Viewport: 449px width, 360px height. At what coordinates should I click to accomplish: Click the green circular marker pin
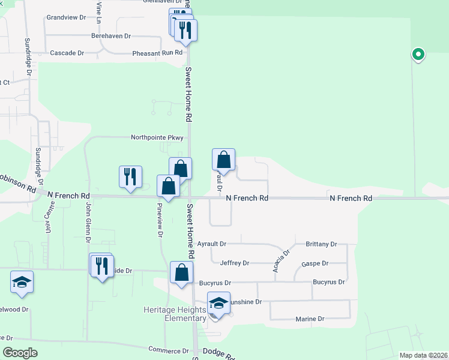[418, 55]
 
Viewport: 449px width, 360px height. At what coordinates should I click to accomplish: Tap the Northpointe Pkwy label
[157, 137]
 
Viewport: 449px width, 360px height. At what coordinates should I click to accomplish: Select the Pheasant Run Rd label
[157, 53]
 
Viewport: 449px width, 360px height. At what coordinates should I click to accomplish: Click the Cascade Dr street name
[67, 53]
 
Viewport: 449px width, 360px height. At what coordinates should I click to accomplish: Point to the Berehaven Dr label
[110, 36]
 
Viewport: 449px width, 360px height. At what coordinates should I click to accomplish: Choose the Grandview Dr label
[66, 17]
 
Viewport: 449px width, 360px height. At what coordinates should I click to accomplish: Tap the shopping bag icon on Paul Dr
[223, 160]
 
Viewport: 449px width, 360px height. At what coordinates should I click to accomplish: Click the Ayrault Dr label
[211, 244]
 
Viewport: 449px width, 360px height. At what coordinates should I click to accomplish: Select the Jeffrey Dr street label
[234, 263]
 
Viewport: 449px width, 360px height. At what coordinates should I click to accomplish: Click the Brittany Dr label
[321, 244]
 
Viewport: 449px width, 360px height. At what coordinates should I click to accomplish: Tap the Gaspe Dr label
[315, 263]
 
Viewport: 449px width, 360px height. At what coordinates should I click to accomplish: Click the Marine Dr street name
[310, 319]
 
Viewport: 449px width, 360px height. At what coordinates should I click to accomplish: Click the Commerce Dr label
[169, 350]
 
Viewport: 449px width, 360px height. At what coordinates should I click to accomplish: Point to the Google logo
[20, 353]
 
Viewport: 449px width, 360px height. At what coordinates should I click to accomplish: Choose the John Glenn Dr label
[88, 223]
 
